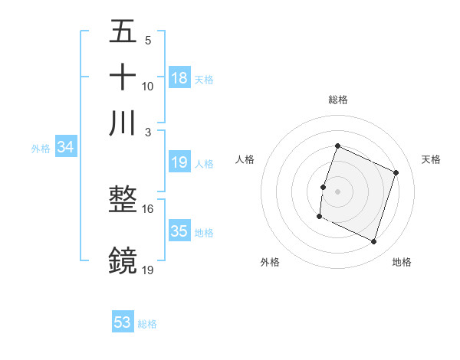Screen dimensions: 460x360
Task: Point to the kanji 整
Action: pyautogui.click(x=123, y=200)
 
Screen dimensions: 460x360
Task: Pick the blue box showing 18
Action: pyautogui.click(x=179, y=78)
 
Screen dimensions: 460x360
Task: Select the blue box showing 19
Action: pyautogui.click(x=179, y=162)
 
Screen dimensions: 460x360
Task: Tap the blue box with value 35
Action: pyautogui.click(x=179, y=231)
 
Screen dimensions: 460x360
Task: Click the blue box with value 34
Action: pyautogui.click(x=65, y=148)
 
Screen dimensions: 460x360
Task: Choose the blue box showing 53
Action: pyautogui.click(x=123, y=322)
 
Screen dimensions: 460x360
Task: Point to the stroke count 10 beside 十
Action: pyautogui.click(x=147, y=87)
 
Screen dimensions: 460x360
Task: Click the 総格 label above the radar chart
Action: pyautogui.click(x=337, y=100)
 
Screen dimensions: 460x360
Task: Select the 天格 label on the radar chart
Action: pyautogui.click(x=431, y=159)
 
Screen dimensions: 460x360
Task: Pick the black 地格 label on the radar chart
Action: pyautogui.click(x=402, y=262)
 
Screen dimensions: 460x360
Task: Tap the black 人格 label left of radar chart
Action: pyautogui.click(x=245, y=159)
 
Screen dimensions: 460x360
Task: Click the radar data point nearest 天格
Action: pyautogui.click(x=396, y=173)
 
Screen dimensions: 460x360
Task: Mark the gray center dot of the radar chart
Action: pyautogui.click(x=337, y=191)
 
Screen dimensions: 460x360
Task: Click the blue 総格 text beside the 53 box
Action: pyautogui.click(x=147, y=324)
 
